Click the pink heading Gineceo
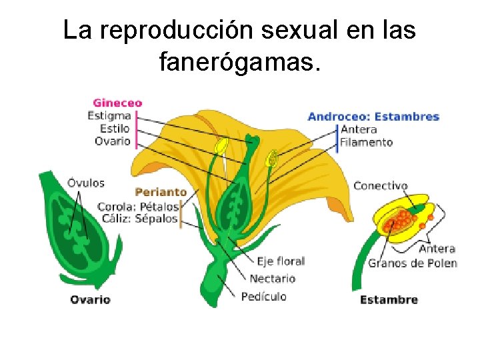(117, 103)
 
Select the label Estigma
(109, 116)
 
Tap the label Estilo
(114, 129)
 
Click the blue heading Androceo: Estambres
(373, 117)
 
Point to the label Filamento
(366, 142)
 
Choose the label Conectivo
(380, 186)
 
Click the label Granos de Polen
(413, 263)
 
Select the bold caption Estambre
(389, 300)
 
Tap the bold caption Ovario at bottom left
(91, 299)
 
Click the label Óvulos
(86, 183)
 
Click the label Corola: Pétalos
(138, 206)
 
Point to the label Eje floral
(280, 261)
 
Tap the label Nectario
(272, 278)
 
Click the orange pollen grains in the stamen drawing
(400, 220)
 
